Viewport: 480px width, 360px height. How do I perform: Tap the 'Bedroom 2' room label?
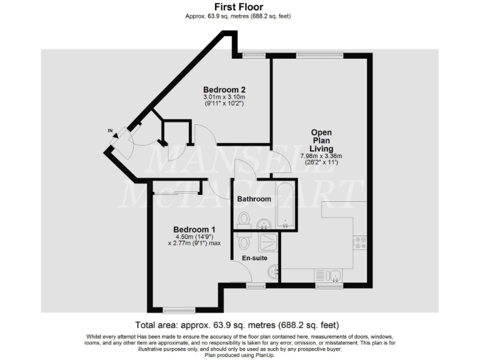coord(224,89)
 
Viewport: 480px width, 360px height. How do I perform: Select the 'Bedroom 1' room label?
coord(193,229)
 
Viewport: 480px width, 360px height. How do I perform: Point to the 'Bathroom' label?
coord(254,199)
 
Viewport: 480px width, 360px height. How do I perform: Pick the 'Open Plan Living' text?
coord(321,141)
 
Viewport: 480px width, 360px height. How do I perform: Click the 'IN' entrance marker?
coord(110,131)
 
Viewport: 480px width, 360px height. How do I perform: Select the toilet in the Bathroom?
coord(244,219)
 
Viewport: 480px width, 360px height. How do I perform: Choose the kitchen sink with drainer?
coord(328,276)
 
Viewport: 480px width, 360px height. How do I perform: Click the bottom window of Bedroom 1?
coord(179,309)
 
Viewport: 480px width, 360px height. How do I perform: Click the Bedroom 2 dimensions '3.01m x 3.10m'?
coord(224,97)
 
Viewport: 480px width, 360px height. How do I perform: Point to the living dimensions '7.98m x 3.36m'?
coord(321,156)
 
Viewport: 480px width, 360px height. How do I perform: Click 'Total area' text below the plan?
coord(237,325)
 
